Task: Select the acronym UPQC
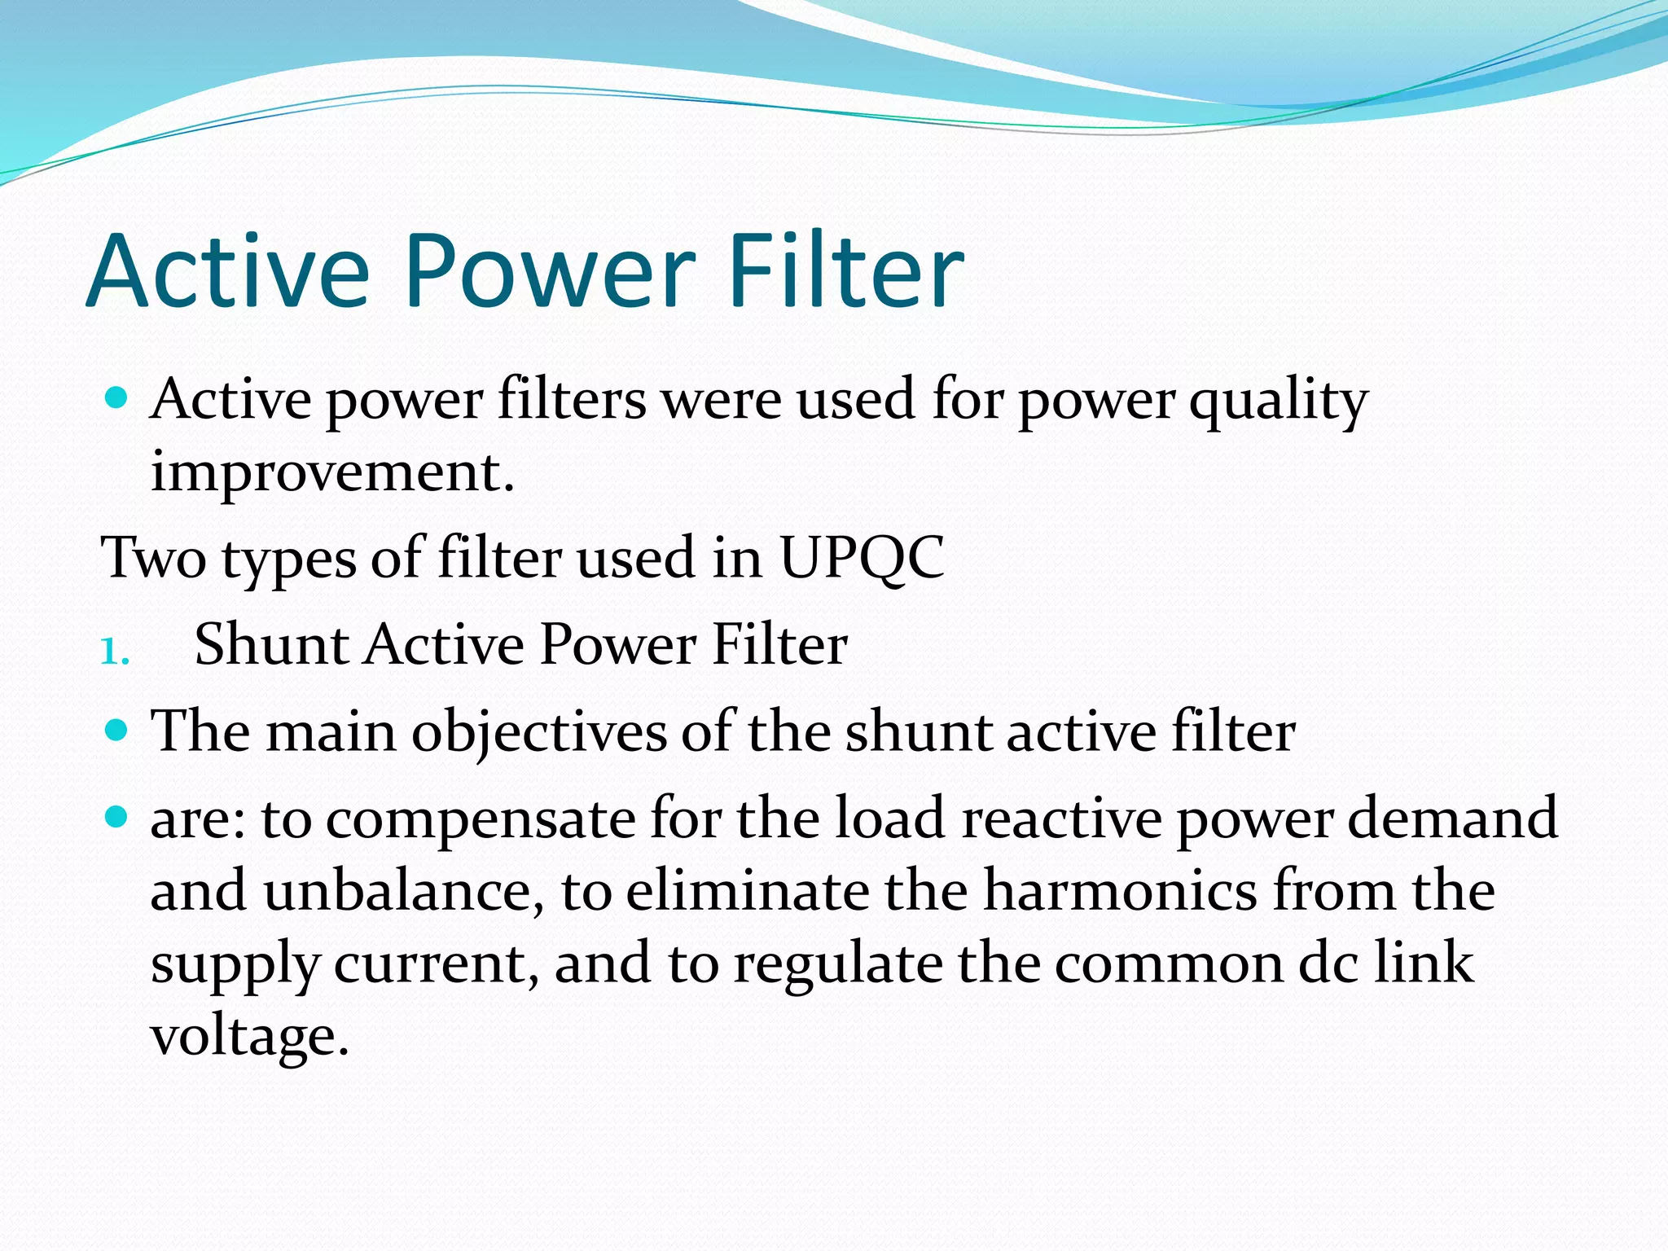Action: (x=862, y=558)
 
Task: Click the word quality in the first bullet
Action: (x=1278, y=401)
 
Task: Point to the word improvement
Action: (x=332, y=472)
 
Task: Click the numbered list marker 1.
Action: (x=114, y=651)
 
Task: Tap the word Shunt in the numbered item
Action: (x=272, y=644)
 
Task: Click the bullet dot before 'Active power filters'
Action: (x=117, y=398)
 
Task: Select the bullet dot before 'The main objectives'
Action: (x=117, y=728)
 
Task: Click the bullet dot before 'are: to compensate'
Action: (x=117, y=815)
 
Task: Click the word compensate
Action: (x=481, y=819)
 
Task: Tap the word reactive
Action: (x=1062, y=818)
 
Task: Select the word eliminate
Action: (x=748, y=891)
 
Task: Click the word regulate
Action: (x=838, y=964)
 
